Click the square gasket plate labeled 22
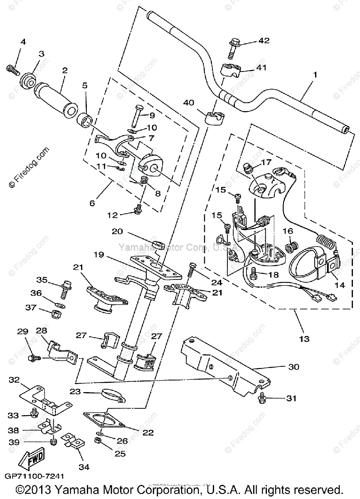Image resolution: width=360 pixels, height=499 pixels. click(x=104, y=419)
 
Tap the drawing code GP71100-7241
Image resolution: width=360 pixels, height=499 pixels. click(x=35, y=475)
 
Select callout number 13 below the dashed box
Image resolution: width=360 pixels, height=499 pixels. click(x=304, y=339)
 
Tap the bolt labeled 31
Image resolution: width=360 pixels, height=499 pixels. click(x=262, y=398)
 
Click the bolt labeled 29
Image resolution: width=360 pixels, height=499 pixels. click(x=33, y=357)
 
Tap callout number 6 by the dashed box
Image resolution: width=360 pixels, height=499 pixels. click(x=92, y=203)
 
